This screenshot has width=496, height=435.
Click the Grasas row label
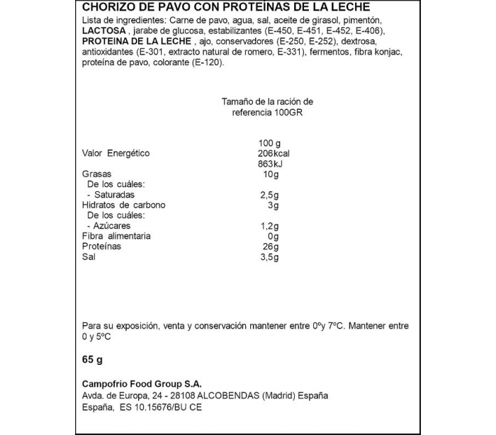97,174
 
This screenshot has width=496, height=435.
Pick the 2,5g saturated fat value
270,195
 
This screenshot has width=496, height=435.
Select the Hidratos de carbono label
124,205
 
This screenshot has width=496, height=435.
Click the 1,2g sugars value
270,226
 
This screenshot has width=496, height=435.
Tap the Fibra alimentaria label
116,236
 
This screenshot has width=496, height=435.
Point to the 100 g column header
270,144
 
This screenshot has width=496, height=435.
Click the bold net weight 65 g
93,361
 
